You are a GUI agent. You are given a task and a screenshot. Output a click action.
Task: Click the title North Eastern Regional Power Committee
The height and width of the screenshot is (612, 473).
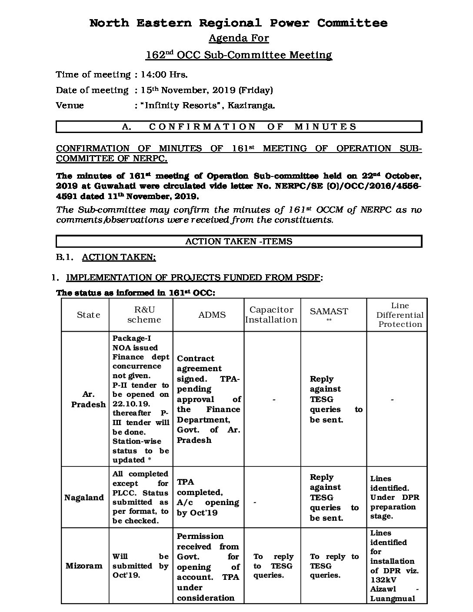(238, 23)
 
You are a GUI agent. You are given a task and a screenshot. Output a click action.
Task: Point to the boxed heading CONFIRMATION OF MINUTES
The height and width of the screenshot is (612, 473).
(239, 126)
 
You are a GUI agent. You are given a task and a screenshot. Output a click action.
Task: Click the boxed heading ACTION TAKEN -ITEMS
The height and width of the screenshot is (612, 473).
(239, 241)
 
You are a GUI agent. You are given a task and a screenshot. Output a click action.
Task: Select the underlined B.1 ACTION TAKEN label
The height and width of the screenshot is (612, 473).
(119, 257)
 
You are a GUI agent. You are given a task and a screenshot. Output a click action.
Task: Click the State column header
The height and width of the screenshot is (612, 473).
(88, 315)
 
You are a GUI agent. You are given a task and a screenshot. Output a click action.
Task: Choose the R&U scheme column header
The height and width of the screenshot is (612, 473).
(144, 315)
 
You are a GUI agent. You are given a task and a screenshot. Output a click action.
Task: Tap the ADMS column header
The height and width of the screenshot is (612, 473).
(212, 315)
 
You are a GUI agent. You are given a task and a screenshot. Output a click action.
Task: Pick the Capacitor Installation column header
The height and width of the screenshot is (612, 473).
(271, 315)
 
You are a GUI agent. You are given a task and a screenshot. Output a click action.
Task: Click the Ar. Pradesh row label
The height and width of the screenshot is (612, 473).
(88, 399)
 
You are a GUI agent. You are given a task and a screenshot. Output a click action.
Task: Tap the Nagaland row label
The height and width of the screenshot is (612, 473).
(84, 497)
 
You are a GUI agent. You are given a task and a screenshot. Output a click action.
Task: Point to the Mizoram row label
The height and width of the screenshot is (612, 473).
(84, 565)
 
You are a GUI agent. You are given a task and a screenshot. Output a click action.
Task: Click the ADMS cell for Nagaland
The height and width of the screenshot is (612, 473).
(208, 497)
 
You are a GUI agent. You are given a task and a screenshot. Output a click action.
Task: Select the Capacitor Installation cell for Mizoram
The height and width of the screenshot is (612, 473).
(273, 565)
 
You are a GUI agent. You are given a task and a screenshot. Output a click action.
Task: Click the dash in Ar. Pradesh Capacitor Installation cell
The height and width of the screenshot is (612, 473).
(274, 399)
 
